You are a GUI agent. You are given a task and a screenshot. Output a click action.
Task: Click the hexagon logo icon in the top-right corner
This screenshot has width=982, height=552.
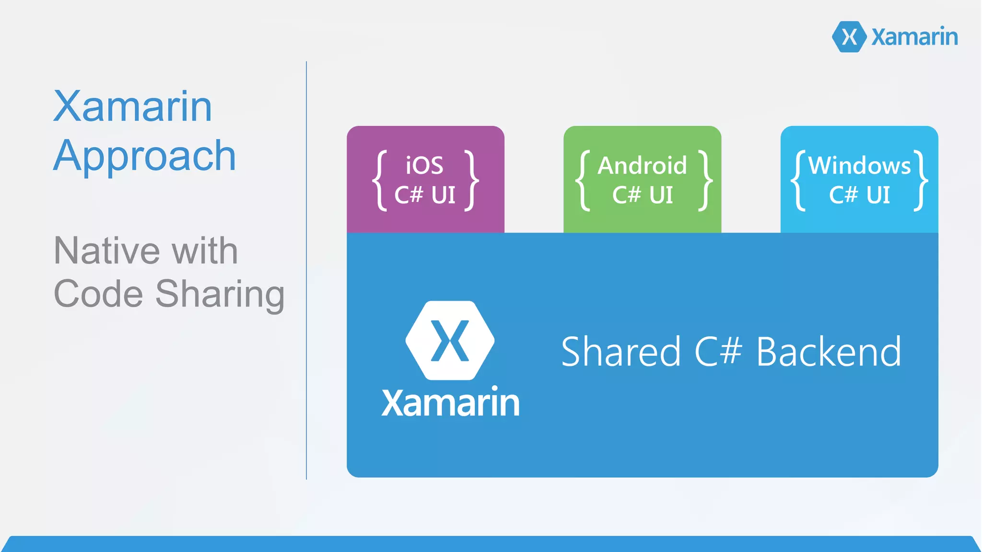pyautogui.click(x=849, y=36)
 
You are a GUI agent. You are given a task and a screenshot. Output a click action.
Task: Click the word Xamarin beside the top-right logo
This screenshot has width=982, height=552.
pyautogui.click(x=914, y=37)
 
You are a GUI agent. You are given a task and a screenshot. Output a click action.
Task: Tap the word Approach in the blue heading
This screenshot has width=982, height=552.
pyautogui.click(x=144, y=156)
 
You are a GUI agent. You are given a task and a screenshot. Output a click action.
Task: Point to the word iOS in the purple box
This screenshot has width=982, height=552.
pyautogui.click(x=424, y=165)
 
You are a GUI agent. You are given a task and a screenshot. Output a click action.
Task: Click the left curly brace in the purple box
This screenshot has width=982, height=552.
pyautogui.click(x=380, y=180)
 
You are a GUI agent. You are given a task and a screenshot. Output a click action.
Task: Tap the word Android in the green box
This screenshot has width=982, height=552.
pyautogui.click(x=642, y=165)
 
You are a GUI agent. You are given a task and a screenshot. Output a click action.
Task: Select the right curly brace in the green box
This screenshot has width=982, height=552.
pyautogui.click(x=705, y=180)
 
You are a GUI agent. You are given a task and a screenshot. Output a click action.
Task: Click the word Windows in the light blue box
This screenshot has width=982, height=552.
pyautogui.click(x=859, y=165)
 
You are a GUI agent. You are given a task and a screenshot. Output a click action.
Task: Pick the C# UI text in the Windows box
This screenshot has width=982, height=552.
pyautogui.click(x=859, y=195)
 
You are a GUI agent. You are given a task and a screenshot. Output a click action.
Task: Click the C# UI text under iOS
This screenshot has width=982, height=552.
pyautogui.click(x=424, y=195)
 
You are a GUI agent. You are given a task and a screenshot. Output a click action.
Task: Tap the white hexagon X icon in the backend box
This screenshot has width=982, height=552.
pyautogui.click(x=450, y=341)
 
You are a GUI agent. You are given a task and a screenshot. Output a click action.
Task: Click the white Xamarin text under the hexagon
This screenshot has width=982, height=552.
pyautogui.click(x=450, y=402)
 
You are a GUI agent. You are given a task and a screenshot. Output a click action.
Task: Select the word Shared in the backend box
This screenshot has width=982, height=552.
pyautogui.click(x=620, y=352)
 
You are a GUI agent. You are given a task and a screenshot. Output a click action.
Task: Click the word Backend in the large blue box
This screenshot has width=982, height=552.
pyautogui.click(x=829, y=352)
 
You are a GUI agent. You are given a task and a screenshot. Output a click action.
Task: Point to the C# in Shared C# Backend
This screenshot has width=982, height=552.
pyautogui.click(x=718, y=352)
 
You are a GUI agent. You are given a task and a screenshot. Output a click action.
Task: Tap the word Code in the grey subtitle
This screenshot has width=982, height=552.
pyautogui.click(x=98, y=294)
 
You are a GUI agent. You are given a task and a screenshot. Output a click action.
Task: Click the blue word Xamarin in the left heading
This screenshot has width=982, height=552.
pyautogui.click(x=132, y=106)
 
